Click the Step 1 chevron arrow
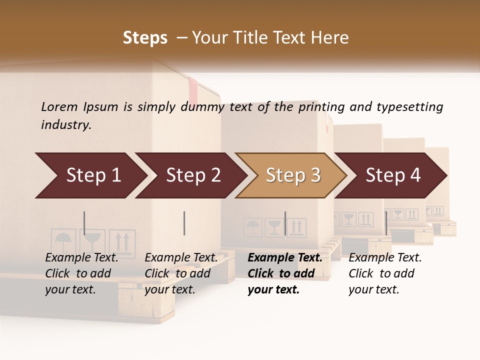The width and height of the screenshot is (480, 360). pyautogui.click(x=90, y=175)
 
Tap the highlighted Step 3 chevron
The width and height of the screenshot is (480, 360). pyautogui.click(x=292, y=175)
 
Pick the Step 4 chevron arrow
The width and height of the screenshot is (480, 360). pyautogui.click(x=392, y=175)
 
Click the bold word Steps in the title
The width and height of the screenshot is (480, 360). pyautogui.click(x=145, y=38)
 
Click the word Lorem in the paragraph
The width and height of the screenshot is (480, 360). pyautogui.click(x=59, y=106)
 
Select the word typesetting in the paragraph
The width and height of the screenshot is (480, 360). pyautogui.click(x=409, y=107)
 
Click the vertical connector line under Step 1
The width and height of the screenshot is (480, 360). pyautogui.click(x=84, y=223)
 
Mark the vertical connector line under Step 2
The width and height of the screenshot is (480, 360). pyautogui.click(x=184, y=223)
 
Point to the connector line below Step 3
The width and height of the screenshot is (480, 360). pyautogui.click(x=285, y=223)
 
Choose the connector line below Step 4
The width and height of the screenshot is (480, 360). pyautogui.click(x=386, y=223)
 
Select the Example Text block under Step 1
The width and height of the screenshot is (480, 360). pyautogui.click(x=81, y=273)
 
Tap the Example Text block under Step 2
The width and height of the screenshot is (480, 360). pyautogui.click(x=181, y=273)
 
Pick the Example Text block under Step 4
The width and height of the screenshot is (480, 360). pyautogui.click(x=385, y=273)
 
